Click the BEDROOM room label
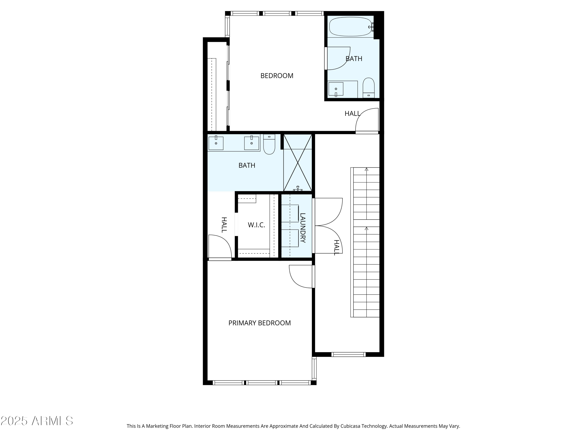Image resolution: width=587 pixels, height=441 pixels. pyautogui.click(x=277, y=76)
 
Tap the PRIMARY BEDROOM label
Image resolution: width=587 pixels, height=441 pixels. pyautogui.click(x=259, y=323)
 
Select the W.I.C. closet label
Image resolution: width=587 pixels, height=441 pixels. pyautogui.click(x=256, y=225)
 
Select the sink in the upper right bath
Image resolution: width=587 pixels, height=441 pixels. pyautogui.click(x=336, y=89)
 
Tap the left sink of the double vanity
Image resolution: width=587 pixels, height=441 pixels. pyautogui.click(x=216, y=143)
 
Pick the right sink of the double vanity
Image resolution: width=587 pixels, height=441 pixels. pyautogui.click(x=251, y=143)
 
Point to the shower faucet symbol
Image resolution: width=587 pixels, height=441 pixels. pyautogui.click(x=298, y=189)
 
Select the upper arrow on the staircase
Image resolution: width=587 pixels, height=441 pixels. pyautogui.click(x=366, y=169)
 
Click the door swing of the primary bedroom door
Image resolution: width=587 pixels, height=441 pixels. pyautogui.click(x=300, y=276)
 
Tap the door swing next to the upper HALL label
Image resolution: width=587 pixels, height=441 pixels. pyautogui.click(x=367, y=120)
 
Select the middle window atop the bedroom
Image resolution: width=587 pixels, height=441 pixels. pyautogui.click(x=277, y=13)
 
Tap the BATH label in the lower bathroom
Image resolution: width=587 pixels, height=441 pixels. pyautogui.click(x=247, y=165)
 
